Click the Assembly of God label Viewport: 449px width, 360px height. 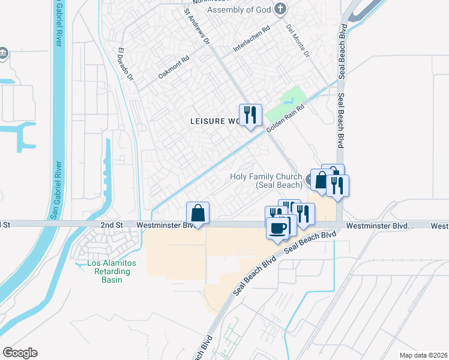(x=238, y=10)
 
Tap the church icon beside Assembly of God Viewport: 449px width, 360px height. (x=279, y=8)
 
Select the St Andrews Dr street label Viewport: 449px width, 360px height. (x=197, y=27)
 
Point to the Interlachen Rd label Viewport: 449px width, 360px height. (x=252, y=38)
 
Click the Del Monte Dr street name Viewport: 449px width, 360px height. (x=298, y=41)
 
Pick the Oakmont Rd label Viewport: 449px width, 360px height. (x=173, y=67)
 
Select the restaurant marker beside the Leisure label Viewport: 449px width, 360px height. (x=251, y=115)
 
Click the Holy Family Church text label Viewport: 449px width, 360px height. (x=265, y=181)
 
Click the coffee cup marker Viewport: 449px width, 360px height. (x=277, y=228)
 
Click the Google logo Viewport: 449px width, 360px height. (x=20, y=353)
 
